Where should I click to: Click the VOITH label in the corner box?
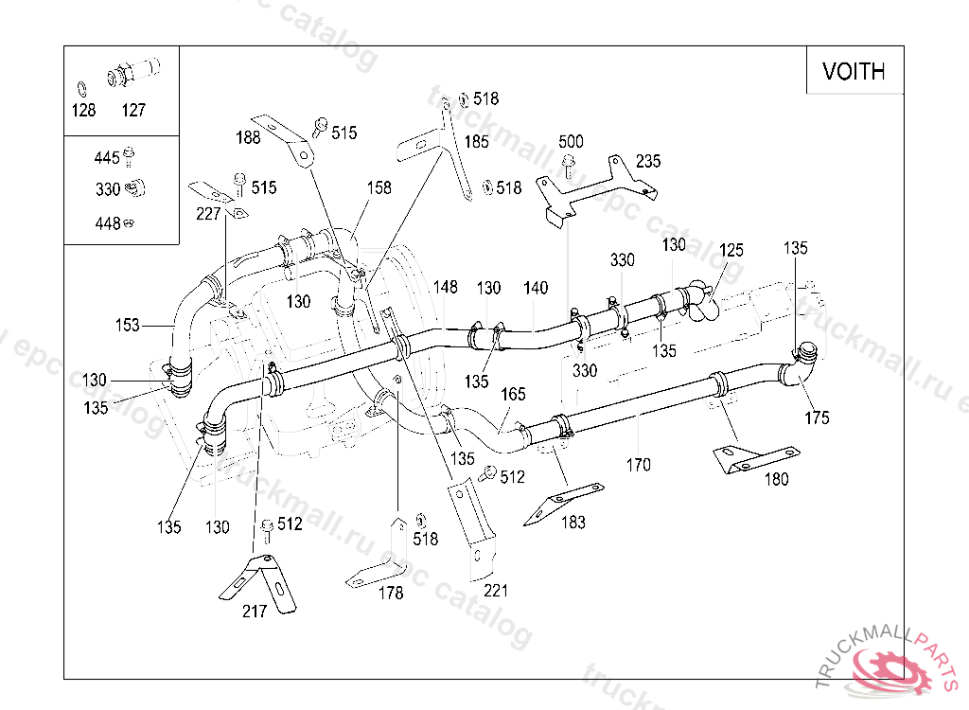(x=854, y=71)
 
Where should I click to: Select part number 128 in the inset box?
(x=83, y=111)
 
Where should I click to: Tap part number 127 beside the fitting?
(x=133, y=111)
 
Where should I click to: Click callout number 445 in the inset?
(x=107, y=158)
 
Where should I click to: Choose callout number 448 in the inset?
(x=107, y=223)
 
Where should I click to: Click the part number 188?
(x=249, y=138)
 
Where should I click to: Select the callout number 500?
(x=571, y=142)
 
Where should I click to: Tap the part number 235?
(x=648, y=160)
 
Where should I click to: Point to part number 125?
(x=731, y=251)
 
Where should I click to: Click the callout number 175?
(x=817, y=417)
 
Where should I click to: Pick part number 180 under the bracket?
(x=776, y=479)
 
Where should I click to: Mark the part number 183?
(x=573, y=522)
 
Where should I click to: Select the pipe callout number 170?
(x=639, y=465)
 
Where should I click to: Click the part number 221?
(x=496, y=591)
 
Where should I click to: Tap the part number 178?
(x=391, y=594)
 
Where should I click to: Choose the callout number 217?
(x=255, y=611)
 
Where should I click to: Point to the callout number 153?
(x=128, y=326)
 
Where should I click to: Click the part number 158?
(x=379, y=188)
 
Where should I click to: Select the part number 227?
(x=207, y=215)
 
